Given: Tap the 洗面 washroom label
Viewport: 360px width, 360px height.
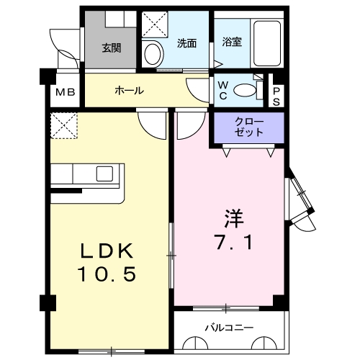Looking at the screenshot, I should click(x=187, y=42).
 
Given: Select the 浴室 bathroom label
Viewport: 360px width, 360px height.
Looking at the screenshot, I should click(x=231, y=42).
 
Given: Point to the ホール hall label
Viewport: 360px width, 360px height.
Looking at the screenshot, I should click(x=129, y=91).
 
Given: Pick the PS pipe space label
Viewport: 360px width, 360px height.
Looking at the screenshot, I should click(x=276, y=96).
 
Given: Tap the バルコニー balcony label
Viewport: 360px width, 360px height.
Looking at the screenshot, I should click(x=228, y=328).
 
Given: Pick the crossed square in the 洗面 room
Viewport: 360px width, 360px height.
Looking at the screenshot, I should click(x=153, y=25).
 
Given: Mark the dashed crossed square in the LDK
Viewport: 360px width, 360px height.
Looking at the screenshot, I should click(x=63, y=125).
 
